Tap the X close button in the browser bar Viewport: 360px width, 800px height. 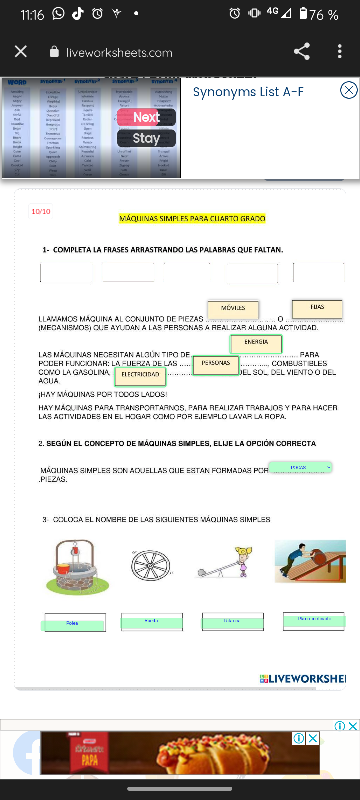click(x=21, y=51)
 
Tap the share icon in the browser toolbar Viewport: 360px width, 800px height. click(x=301, y=51)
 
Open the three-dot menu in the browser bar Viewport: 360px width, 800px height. click(x=340, y=51)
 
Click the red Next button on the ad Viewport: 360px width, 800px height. click(x=146, y=117)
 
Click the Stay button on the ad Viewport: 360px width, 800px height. click(x=146, y=138)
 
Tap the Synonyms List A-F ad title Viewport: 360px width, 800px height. click(x=248, y=92)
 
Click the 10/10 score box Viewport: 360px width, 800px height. click(x=41, y=212)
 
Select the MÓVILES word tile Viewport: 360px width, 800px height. click(x=233, y=309)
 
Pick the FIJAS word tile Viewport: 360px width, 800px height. click(x=317, y=308)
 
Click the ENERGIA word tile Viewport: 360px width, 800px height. click(x=256, y=343)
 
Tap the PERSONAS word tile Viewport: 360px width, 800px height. click(x=216, y=364)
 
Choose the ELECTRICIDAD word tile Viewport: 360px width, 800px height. click(x=140, y=375)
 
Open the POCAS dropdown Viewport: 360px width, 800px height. click(x=300, y=468)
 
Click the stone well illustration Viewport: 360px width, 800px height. click(x=77, y=567)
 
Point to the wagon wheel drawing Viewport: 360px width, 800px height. click(x=151, y=566)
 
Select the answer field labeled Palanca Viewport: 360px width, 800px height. click(x=232, y=622)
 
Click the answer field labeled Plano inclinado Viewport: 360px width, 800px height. click(x=314, y=620)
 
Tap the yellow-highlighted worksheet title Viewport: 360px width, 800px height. click(x=192, y=219)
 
